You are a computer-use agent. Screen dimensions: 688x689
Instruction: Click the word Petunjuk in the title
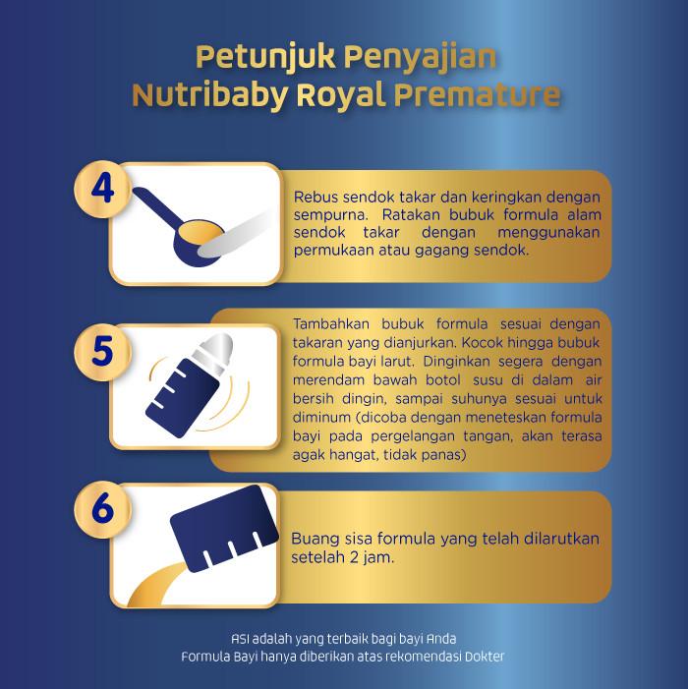tap(265, 58)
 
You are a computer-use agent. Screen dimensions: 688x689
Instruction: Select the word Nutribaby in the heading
tap(210, 95)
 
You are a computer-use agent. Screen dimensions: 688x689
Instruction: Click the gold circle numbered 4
tap(102, 189)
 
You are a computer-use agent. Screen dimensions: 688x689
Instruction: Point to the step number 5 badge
tap(102, 352)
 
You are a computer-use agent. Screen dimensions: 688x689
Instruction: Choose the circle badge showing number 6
tap(102, 509)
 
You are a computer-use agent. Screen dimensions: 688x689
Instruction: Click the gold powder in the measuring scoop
tap(200, 233)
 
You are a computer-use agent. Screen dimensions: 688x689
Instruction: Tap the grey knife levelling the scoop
tap(235, 235)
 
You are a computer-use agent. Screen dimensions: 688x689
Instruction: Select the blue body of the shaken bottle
tap(182, 397)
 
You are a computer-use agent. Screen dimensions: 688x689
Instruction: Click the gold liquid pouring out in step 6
tap(157, 586)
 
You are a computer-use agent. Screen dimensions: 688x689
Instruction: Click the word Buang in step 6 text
tap(313, 540)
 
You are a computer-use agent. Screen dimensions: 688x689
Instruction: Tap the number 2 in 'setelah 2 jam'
tap(354, 557)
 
